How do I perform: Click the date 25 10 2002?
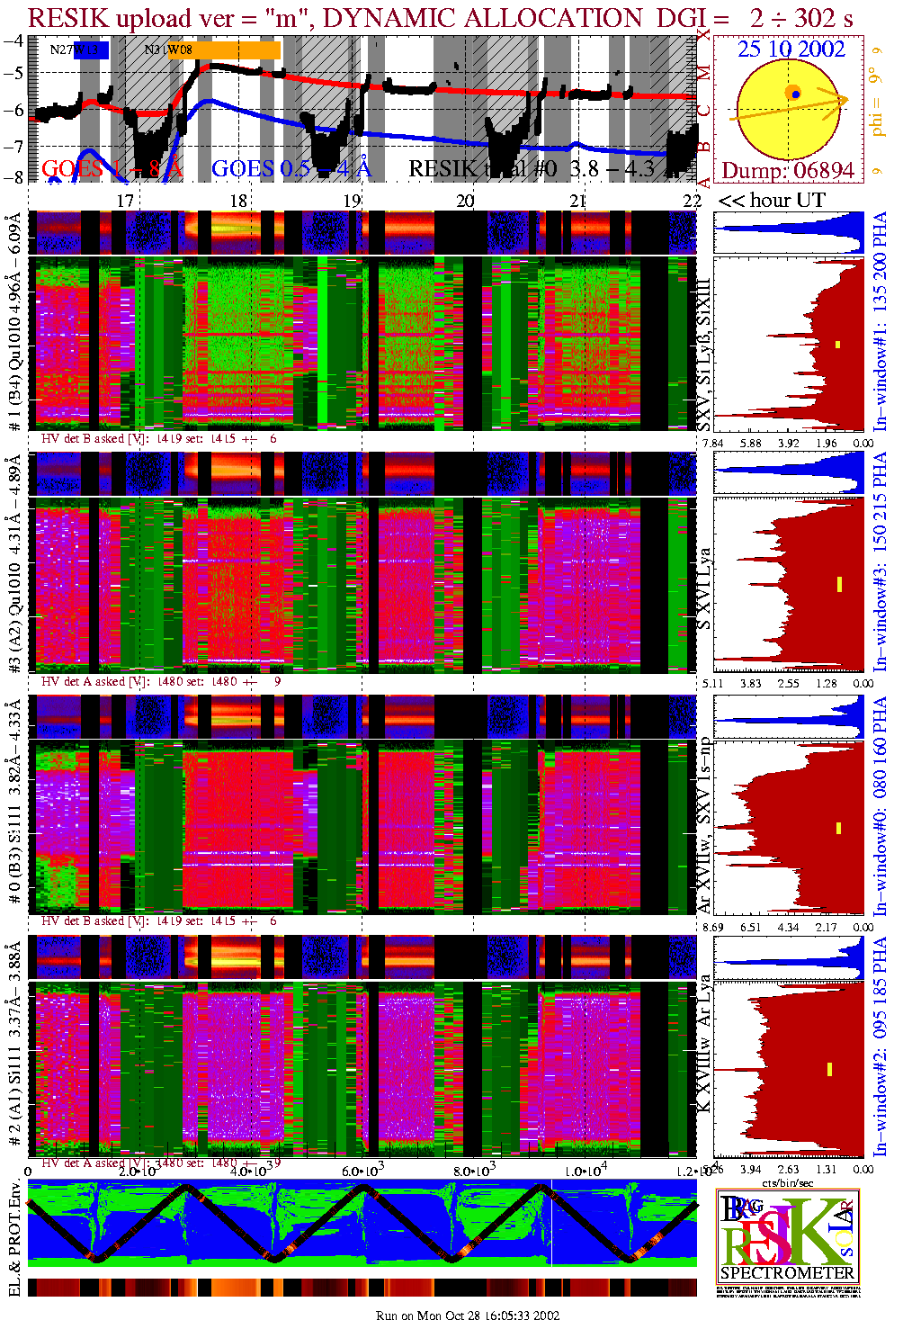791,49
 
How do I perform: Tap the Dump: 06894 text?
787,170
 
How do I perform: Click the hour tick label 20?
464,201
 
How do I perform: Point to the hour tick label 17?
125,201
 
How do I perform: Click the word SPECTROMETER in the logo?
787,1272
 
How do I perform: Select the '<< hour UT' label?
771,201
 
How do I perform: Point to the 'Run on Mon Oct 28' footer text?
468,1316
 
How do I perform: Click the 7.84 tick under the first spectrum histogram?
712,443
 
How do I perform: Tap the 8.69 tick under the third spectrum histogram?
712,927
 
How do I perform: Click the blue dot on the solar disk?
796,94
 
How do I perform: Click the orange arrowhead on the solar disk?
842,99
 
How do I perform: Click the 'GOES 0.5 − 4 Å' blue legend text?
291,168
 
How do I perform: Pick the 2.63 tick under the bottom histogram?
788,1169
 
